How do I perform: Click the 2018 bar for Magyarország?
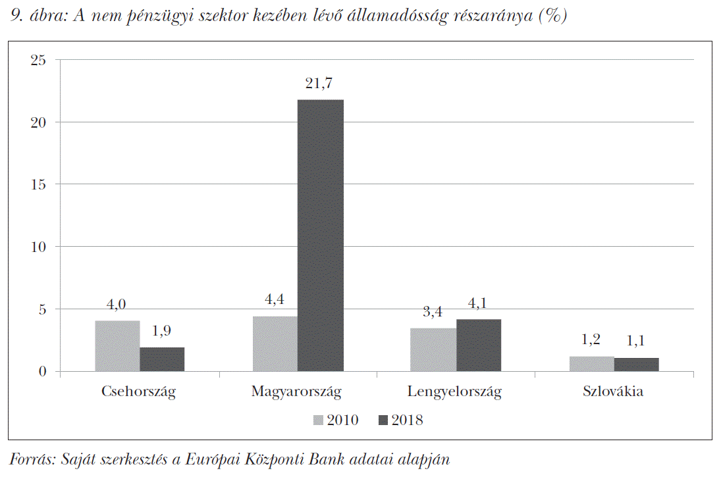tap(320, 236)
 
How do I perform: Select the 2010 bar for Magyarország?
tap(275, 344)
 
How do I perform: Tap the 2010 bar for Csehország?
tap(117, 346)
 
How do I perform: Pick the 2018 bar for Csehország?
tap(162, 359)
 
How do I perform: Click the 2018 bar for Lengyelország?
tap(479, 345)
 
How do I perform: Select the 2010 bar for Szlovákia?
tap(591, 364)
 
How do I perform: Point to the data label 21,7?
tap(320, 84)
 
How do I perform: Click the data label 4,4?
tap(275, 300)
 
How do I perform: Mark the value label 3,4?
tap(432, 312)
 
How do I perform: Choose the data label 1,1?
tap(637, 342)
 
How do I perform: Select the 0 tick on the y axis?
tap(42, 372)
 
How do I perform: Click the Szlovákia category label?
tap(613, 392)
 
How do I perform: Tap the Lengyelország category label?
tap(454, 392)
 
